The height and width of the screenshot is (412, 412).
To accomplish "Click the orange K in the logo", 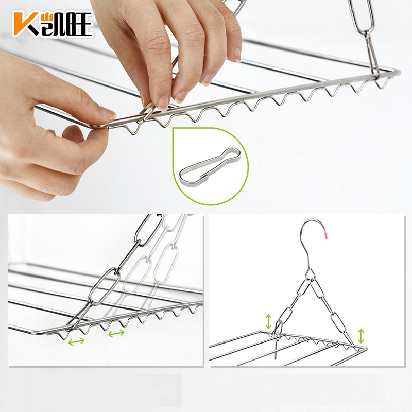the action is (24, 24).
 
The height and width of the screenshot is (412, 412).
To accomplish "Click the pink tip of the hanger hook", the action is (327, 235).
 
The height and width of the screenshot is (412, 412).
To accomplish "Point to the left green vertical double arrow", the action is (268, 321).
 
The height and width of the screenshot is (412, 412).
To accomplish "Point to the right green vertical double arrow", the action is (360, 336).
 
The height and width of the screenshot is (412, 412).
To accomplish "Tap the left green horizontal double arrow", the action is (76, 341).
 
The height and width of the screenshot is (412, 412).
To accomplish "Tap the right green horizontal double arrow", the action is (116, 333).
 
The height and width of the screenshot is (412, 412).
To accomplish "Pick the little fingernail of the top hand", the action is (237, 55).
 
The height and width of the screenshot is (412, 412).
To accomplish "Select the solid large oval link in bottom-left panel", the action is (105, 286).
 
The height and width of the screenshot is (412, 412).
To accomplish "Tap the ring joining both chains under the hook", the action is (311, 274).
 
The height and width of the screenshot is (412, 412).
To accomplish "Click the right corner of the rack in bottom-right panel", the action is (365, 348).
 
